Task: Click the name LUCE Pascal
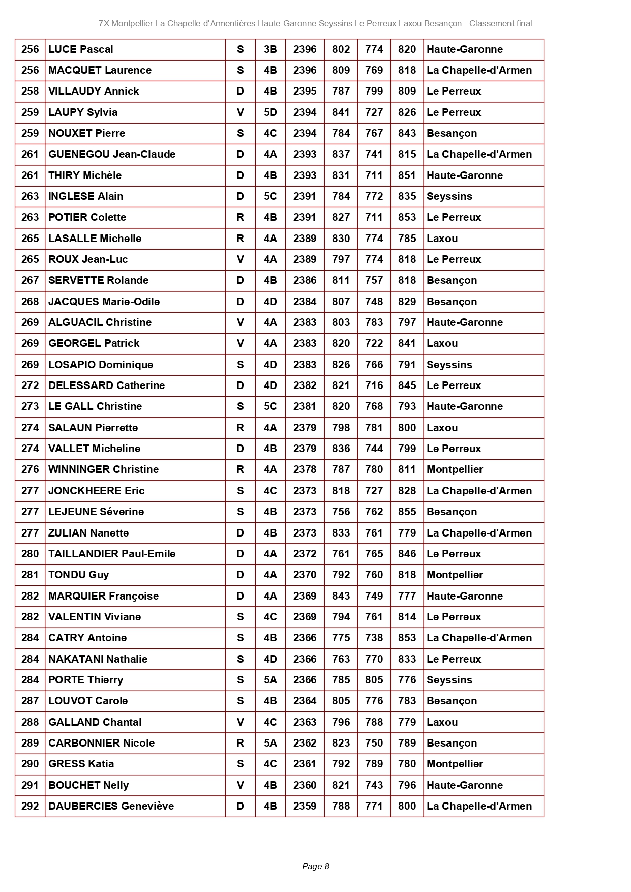coord(81,49)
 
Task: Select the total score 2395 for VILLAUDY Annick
coord(305,91)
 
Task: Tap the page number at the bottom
coord(316,866)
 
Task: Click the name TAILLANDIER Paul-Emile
coord(112,554)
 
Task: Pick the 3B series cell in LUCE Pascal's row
coord(270,49)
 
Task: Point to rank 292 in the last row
coord(30,806)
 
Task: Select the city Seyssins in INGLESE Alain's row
coord(449,196)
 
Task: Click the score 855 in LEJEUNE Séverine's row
coord(407,512)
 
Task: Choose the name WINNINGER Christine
coord(104,469)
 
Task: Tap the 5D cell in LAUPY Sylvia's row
coord(270,112)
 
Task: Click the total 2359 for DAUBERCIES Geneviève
coord(305,806)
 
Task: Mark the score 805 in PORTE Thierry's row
coord(374,680)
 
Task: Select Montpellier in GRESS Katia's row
coord(455,764)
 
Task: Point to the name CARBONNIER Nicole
coord(102,743)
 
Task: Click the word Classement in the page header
coord(488,23)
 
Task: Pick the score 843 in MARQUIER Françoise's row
coord(341,596)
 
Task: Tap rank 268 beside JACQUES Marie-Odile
coord(30,302)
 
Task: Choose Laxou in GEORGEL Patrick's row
coord(442,343)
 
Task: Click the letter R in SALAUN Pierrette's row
coord(240,428)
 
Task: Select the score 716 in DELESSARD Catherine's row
coord(374,385)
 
